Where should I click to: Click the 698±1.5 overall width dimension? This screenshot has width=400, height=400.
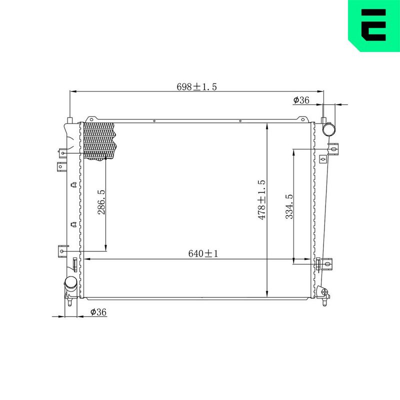pyautogui.click(x=196, y=87)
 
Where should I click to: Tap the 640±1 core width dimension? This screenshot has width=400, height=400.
pyautogui.click(x=203, y=253)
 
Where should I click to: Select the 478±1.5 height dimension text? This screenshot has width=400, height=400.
pyautogui.click(x=262, y=199)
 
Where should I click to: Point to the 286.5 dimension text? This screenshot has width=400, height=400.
pyautogui.click(x=101, y=202)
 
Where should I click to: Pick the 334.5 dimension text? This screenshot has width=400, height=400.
pyautogui.click(x=289, y=206)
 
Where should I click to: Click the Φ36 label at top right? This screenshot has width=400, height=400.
pyautogui.click(x=301, y=100)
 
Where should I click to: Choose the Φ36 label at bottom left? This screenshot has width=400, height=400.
pyautogui.click(x=98, y=312)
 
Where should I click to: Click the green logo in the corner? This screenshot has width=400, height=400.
pyautogui.click(x=374, y=25)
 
